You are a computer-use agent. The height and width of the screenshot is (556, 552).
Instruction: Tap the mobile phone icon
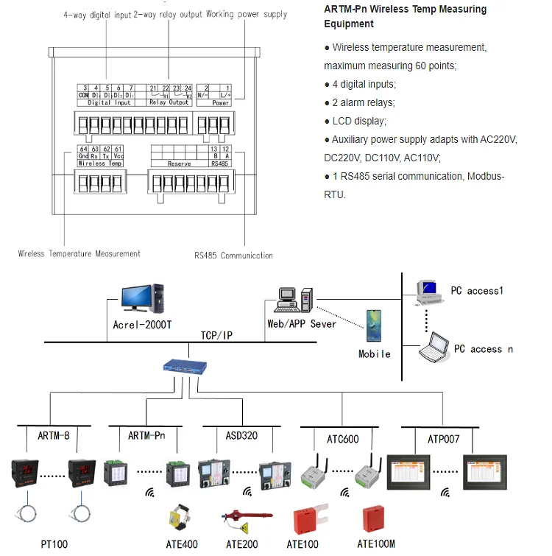[x=374, y=327]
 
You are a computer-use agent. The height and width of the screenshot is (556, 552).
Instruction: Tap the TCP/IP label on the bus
[x=216, y=335]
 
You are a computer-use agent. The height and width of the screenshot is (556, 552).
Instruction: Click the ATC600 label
[x=342, y=440]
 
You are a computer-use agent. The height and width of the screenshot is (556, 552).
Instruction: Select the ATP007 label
[x=443, y=438]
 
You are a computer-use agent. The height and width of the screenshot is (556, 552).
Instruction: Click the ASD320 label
[x=241, y=436]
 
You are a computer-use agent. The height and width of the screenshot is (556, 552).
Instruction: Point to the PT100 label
[x=54, y=544]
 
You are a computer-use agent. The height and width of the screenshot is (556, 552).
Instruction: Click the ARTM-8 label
[x=53, y=436]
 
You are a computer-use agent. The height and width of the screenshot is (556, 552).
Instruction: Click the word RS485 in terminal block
[x=219, y=163]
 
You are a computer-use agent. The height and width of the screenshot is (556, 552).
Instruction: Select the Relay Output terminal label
[x=169, y=103]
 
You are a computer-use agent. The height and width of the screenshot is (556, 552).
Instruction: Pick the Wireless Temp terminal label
[x=101, y=163]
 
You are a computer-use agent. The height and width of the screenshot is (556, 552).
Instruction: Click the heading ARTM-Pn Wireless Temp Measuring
[x=405, y=10]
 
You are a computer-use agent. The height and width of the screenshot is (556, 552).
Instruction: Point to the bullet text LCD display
[x=359, y=121]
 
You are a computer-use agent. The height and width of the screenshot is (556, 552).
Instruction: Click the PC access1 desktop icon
[x=428, y=292]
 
